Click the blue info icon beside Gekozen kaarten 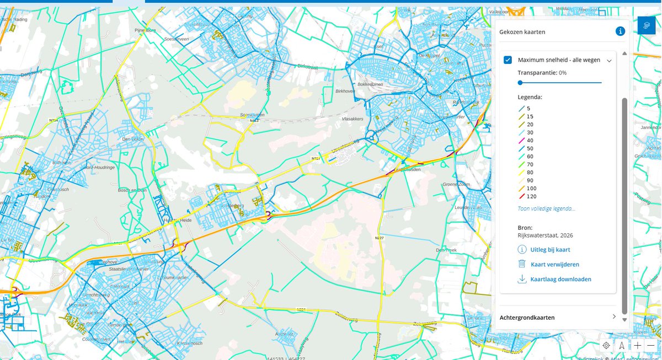point(621,31)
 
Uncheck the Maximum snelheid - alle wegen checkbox point(508,60)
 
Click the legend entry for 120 point(531,196)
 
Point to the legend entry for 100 point(531,188)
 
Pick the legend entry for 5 point(528,109)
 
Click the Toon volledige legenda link point(546,208)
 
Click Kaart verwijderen point(554,265)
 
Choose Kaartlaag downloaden point(560,280)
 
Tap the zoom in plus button point(637,346)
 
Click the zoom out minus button point(651,346)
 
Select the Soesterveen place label point(177,39)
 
